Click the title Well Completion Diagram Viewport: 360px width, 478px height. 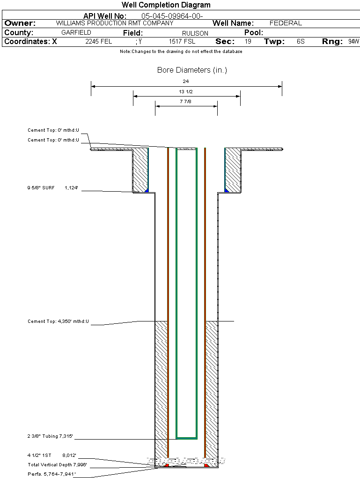[x=166, y=5]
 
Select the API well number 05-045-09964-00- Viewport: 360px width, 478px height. [x=172, y=16]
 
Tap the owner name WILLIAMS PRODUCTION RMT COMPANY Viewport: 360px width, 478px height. [x=114, y=23]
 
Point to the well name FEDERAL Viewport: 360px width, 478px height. [x=286, y=23]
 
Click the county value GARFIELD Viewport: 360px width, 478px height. [x=76, y=33]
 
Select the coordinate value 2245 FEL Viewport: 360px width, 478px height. [x=99, y=42]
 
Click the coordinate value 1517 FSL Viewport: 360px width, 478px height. [x=182, y=42]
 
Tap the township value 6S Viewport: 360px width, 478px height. [x=301, y=42]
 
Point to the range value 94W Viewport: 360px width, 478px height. [x=353, y=42]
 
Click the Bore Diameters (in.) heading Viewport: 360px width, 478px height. [x=192, y=70]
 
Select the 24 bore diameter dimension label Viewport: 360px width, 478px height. [x=186, y=81]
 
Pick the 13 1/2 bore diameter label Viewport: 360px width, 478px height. [x=186, y=91]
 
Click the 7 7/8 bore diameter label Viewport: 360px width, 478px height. [x=186, y=101]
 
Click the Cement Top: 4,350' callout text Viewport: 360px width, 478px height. [x=58, y=321]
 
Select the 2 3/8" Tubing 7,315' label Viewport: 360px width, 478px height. [x=50, y=437]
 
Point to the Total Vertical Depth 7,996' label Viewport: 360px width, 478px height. [x=57, y=465]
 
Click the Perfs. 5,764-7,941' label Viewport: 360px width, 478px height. [x=51, y=474]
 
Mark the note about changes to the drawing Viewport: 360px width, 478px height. [x=181, y=52]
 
